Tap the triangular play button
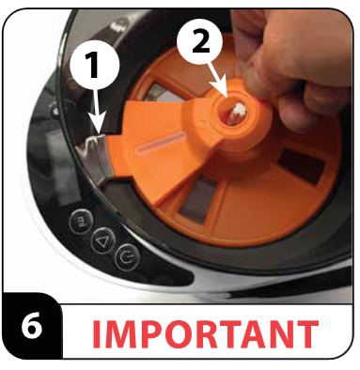click(x=101, y=240)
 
